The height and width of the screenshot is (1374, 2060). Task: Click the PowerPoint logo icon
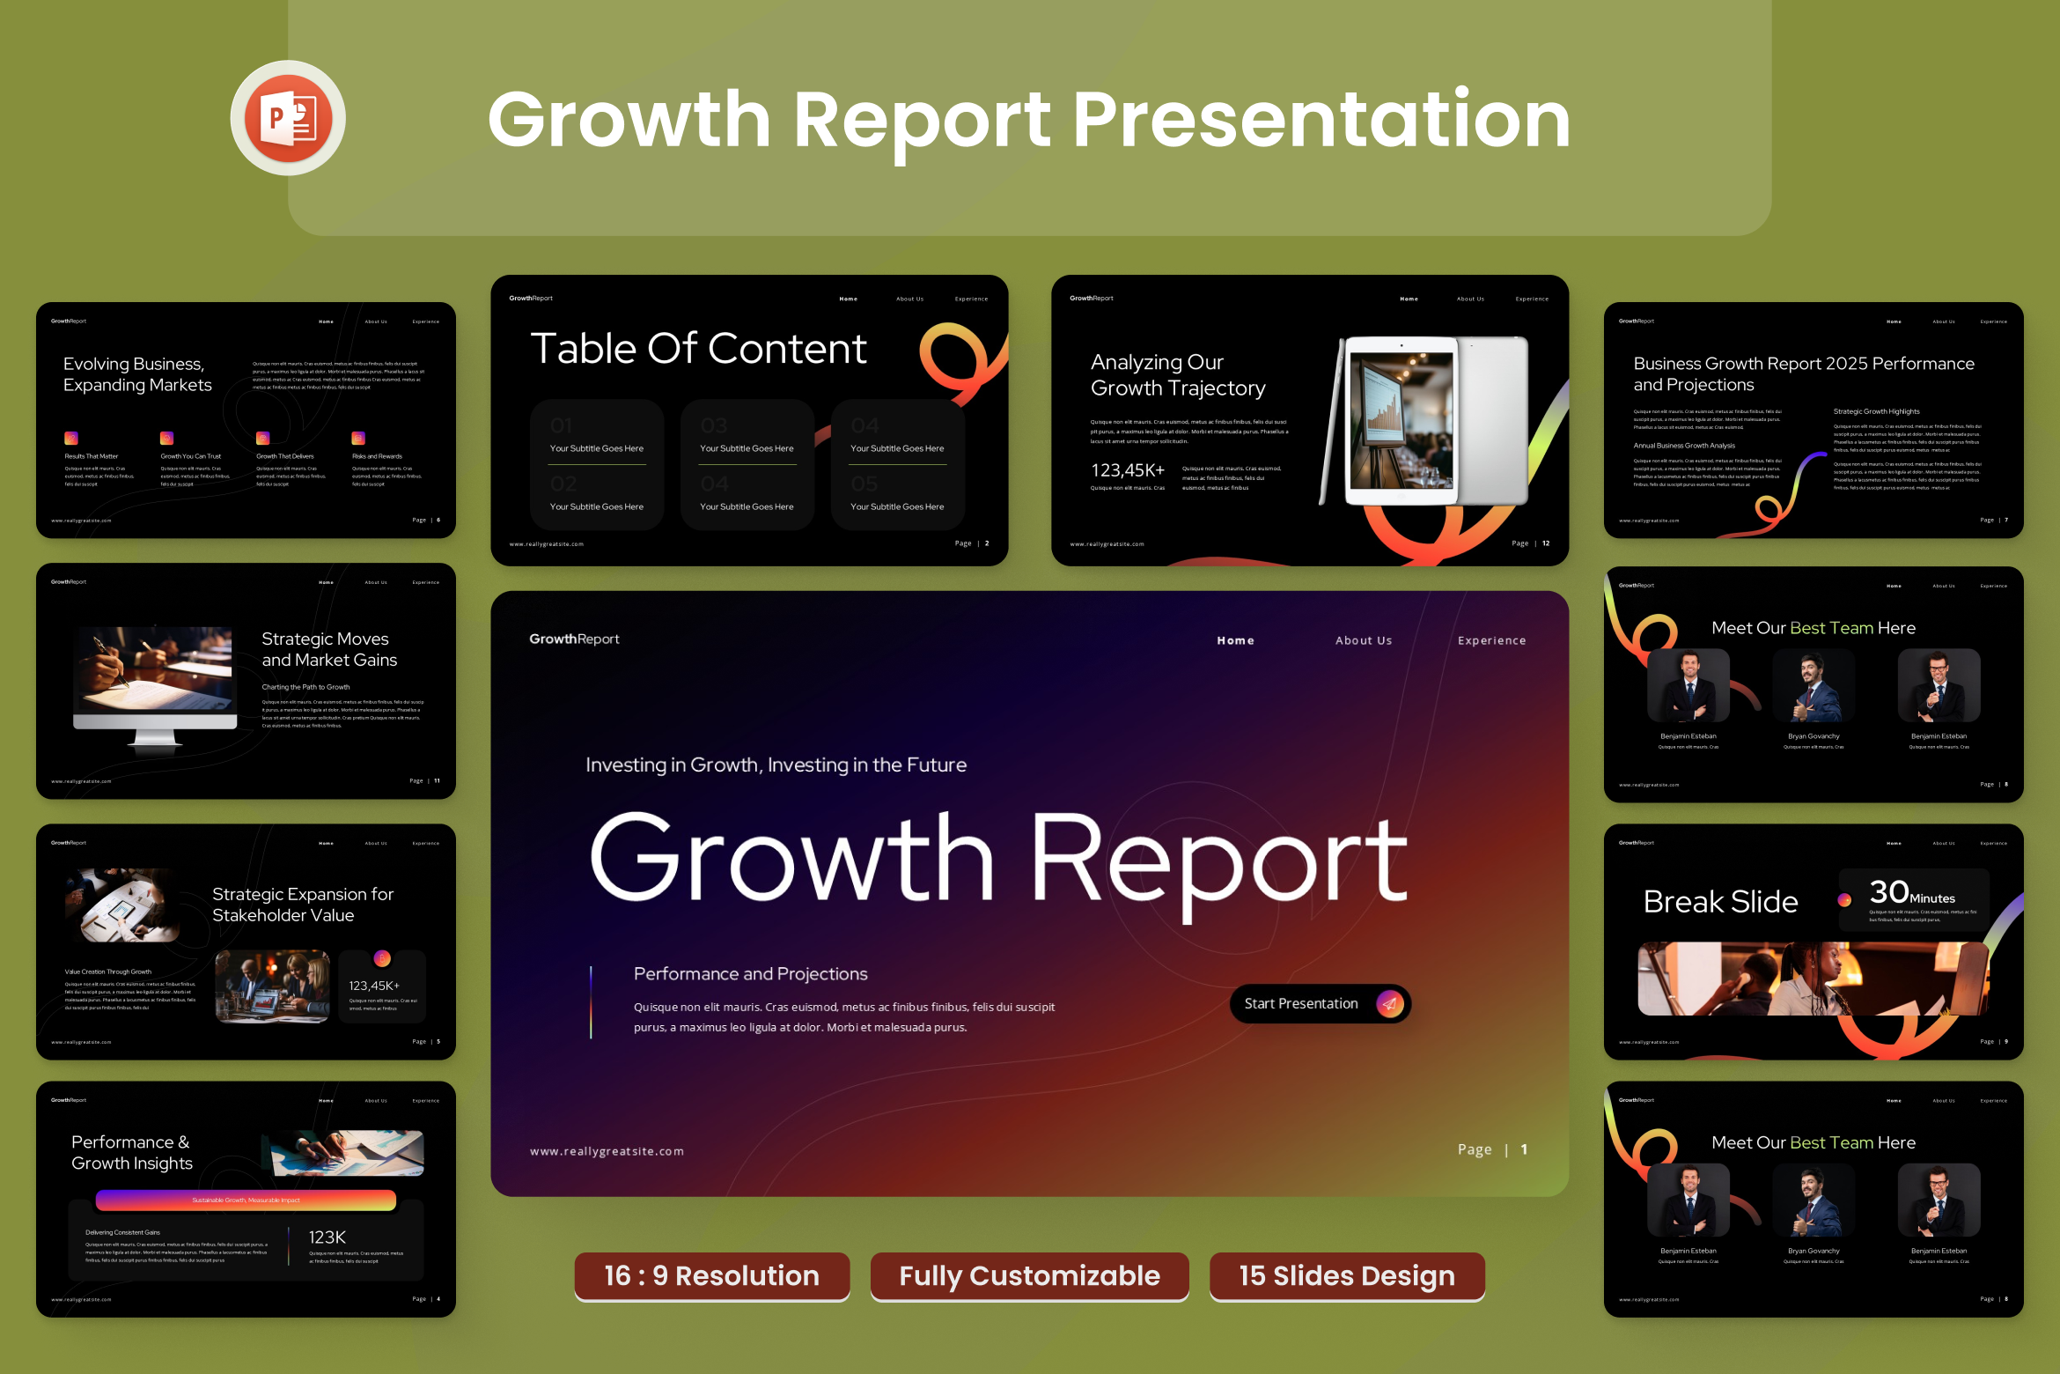click(x=288, y=118)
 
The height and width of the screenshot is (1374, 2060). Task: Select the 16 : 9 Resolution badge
click(x=711, y=1275)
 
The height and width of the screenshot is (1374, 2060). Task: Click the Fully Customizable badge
click(x=1029, y=1275)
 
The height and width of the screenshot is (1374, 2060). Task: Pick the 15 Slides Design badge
click(x=1346, y=1275)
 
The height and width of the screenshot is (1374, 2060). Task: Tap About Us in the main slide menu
click(x=1363, y=640)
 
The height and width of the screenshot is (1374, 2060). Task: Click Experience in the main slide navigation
click(x=1491, y=640)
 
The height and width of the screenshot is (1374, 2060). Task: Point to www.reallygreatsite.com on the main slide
click(x=607, y=1151)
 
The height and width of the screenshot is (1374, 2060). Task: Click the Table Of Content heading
click(x=698, y=349)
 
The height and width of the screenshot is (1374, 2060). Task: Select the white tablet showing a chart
click(x=1402, y=421)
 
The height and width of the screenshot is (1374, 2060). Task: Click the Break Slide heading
click(x=1720, y=902)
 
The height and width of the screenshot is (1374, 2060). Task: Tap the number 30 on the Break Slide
click(x=1888, y=892)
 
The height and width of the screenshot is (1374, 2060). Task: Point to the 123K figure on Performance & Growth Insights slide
click(x=327, y=1237)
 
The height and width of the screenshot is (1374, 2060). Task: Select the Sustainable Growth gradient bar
click(x=246, y=1200)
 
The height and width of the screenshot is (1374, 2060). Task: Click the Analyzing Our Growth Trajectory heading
click(x=1177, y=375)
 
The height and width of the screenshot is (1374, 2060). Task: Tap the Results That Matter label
click(x=91, y=456)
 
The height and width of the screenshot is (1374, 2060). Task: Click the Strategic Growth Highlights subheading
click(x=1876, y=411)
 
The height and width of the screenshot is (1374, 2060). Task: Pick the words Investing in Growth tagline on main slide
click(x=776, y=765)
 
